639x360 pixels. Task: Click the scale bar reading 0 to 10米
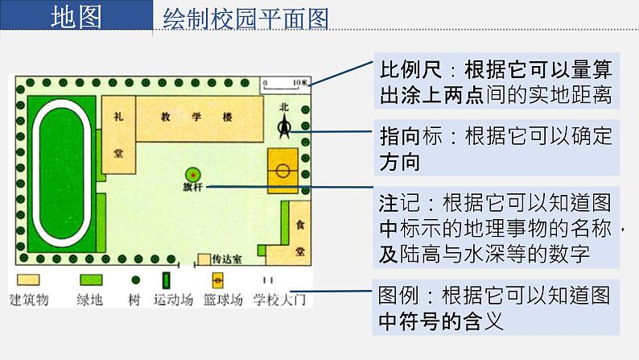point(284,84)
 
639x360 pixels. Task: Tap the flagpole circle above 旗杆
point(193,174)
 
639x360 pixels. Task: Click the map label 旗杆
point(194,188)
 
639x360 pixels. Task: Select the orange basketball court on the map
point(283,170)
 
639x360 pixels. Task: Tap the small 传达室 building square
point(204,260)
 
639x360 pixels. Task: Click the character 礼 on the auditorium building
point(119,118)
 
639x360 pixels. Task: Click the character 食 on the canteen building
point(299,226)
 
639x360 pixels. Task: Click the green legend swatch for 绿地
point(90,280)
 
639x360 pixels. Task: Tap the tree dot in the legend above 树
point(135,280)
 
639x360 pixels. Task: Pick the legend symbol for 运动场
point(167,280)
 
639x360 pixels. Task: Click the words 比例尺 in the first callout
point(406,70)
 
